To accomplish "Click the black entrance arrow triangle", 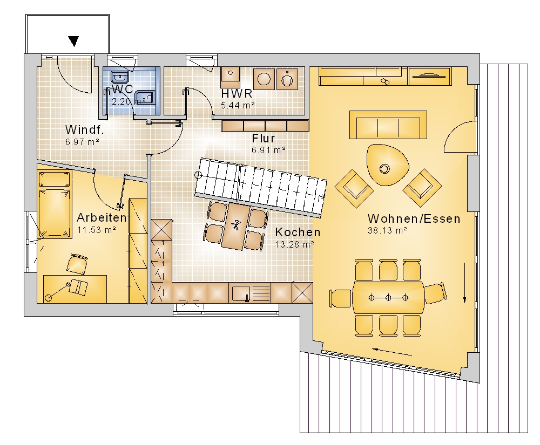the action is [x=73, y=41].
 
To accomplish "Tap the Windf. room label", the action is [x=84, y=129].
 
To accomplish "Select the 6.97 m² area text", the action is [x=82, y=142].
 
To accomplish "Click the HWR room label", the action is [x=237, y=93].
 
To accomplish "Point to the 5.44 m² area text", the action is [x=238, y=105].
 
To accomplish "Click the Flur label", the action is [x=264, y=138].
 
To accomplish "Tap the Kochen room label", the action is [x=298, y=232].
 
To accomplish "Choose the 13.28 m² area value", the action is [x=294, y=244].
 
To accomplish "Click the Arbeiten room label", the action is [x=102, y=217].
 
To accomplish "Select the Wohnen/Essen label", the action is [x=414, y=218].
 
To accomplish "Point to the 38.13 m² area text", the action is [x=387, y=230].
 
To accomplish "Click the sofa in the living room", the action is [x=388, y=125].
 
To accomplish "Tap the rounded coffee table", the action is [x=387, y=165].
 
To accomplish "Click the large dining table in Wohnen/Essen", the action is [x=388, y=297].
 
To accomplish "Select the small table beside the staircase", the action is [x=236, y=226].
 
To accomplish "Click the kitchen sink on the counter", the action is [x=240, y=293].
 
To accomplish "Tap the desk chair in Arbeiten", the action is [x=77, y=264].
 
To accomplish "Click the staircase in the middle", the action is [x=261, y=187].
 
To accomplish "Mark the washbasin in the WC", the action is [x=119, y=77].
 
